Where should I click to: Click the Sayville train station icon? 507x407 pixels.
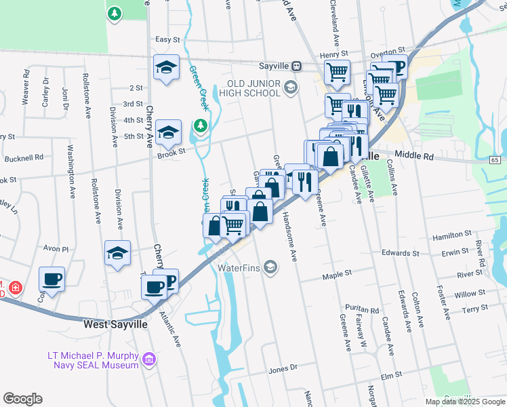tap(296, 66)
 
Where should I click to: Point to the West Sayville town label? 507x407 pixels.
tap(115, 325)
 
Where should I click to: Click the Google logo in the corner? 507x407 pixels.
tap(22, 398)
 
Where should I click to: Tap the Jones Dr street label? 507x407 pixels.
tap(283, 370)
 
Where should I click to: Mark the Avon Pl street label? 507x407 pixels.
tap(56, 249)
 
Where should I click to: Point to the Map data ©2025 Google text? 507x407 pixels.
tap(464, 402)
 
